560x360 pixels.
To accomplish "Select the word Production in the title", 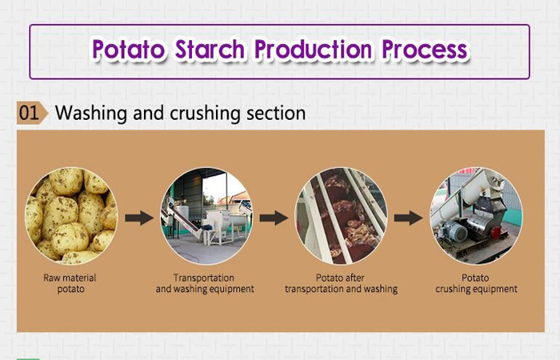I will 314,50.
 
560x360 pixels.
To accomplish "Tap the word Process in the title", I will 424,50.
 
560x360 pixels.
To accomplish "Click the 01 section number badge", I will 30,113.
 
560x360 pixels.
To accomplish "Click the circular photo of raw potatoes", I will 70,216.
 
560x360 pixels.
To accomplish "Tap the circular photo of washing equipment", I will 206,216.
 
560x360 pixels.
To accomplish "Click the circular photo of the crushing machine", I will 477,216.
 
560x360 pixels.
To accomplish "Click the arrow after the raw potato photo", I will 138,217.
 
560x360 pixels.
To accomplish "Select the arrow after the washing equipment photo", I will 274,217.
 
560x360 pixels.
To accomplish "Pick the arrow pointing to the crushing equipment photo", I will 409,217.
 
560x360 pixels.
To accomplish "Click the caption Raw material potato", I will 70,283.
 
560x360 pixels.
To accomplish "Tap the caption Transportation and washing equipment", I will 206,283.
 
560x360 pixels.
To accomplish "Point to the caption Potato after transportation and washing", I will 341,283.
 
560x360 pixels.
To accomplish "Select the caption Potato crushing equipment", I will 477,283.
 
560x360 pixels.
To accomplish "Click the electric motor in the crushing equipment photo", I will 456,233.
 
